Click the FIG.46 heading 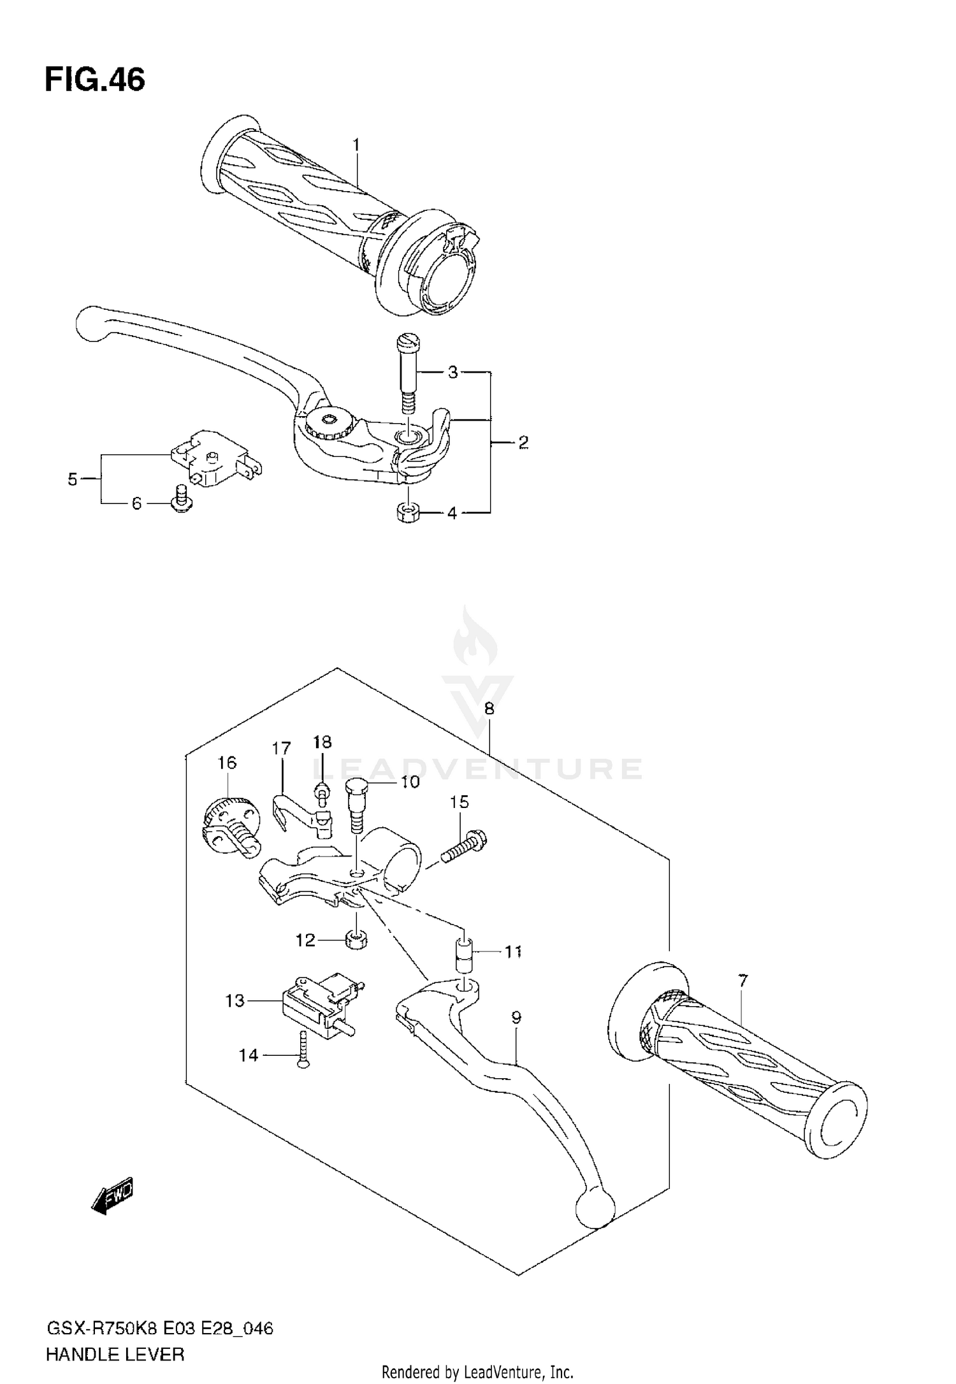(x=95, y=80)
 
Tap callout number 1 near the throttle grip (x=356, y=145)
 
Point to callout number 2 (x=523, y=442)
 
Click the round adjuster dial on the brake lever (x=328, y=421)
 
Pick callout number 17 (x=281, y=748)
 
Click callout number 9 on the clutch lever (x=516, y=1018)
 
